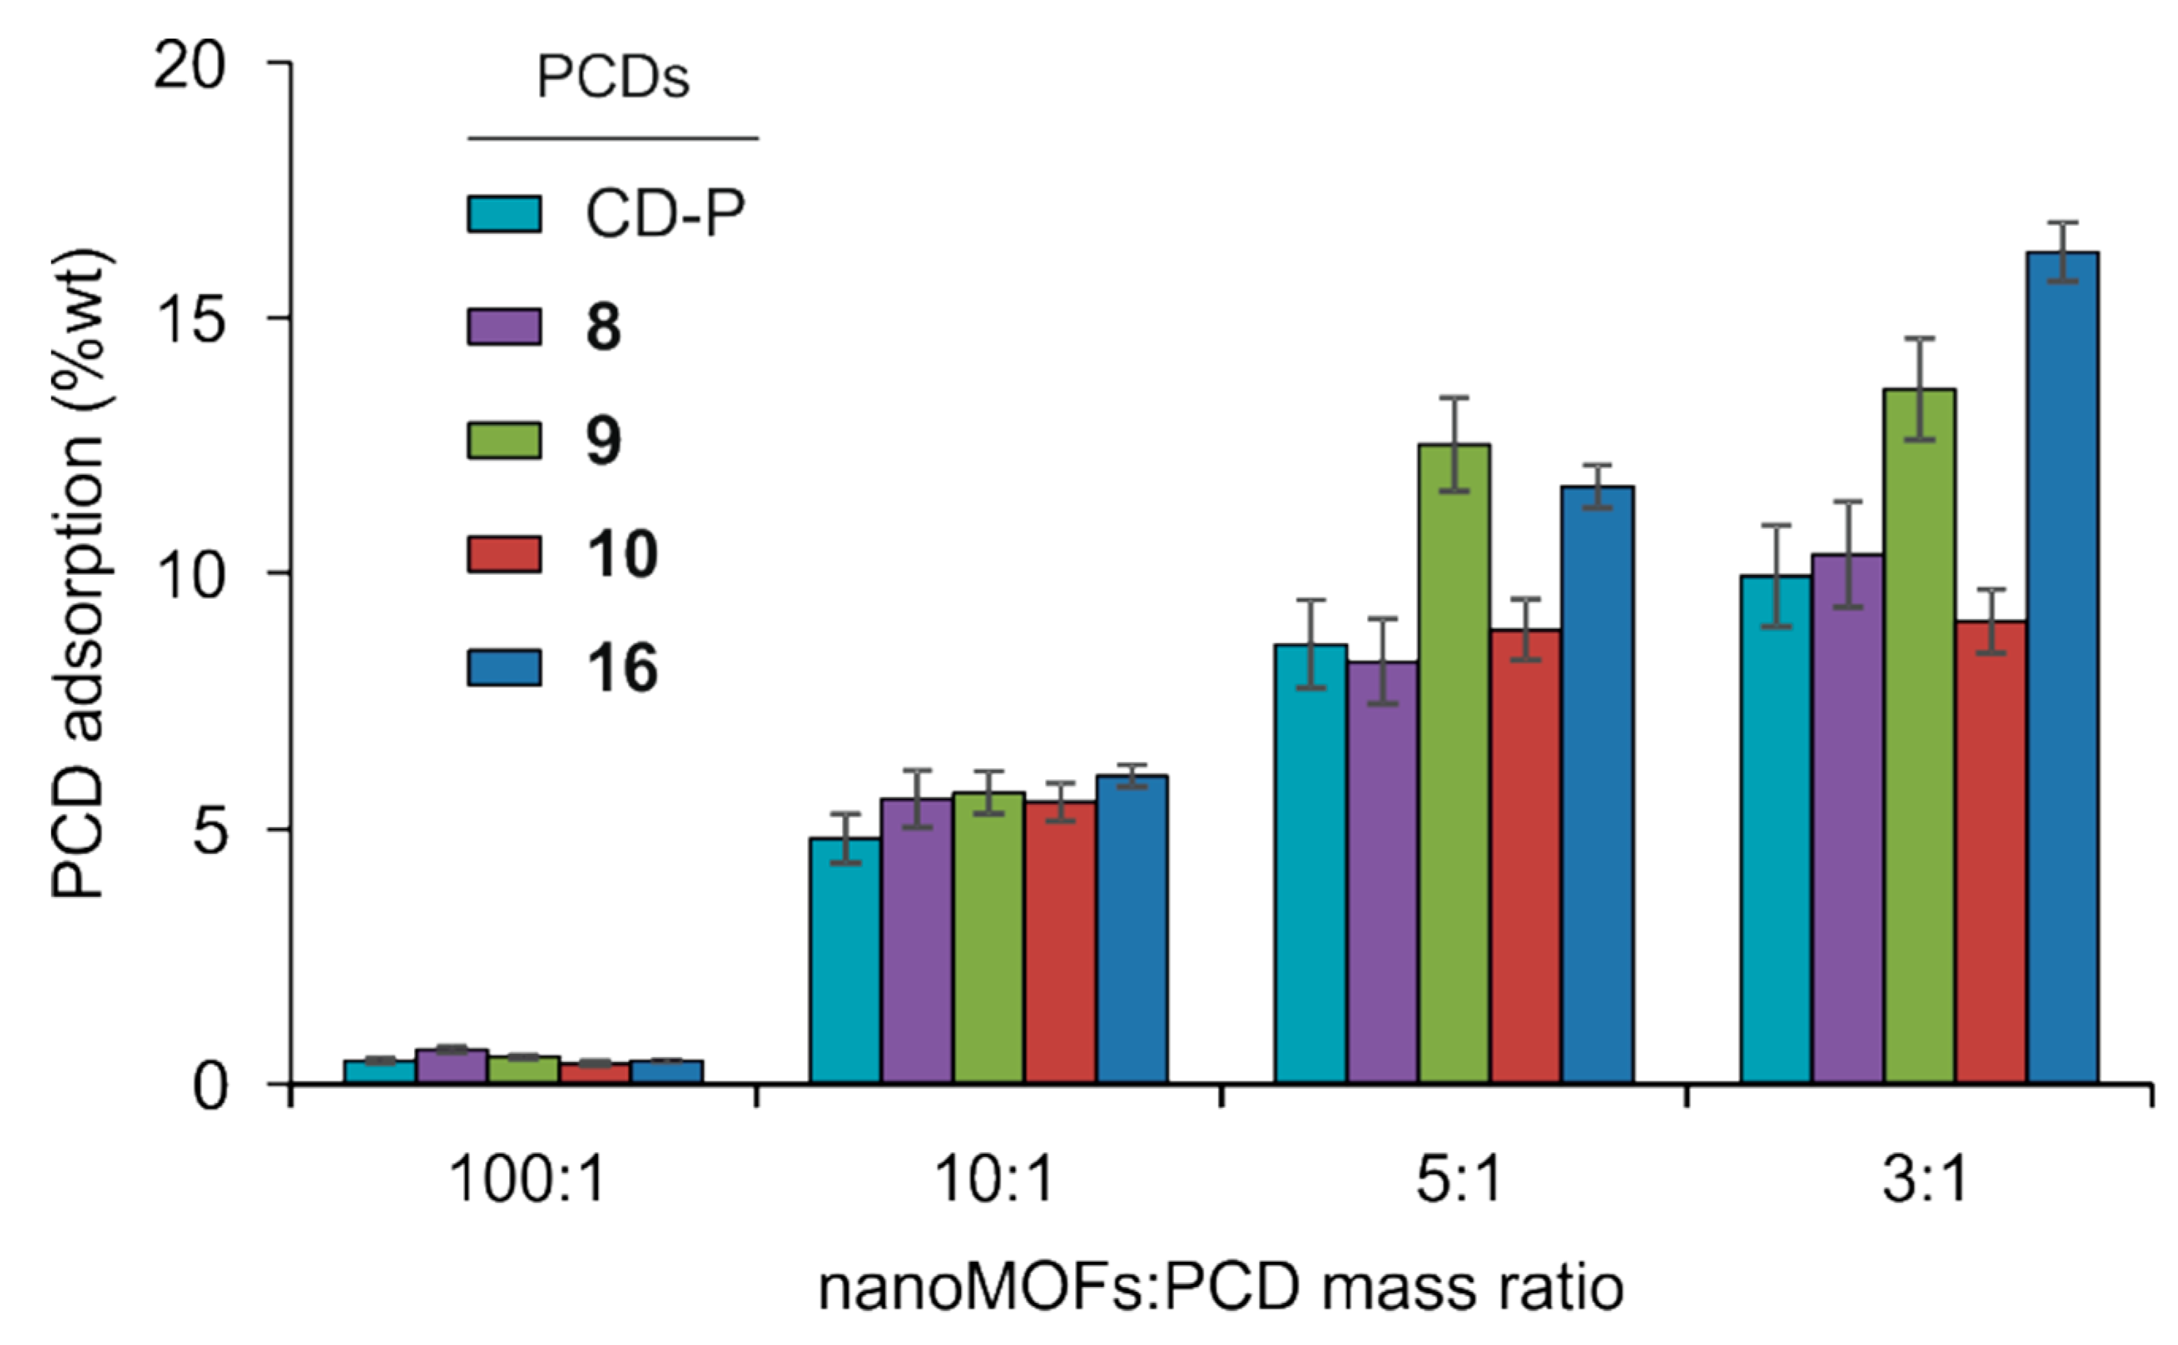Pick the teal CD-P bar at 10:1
pos(845,960)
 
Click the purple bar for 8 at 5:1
pos(1382,872)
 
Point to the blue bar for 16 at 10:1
pos(1131,929)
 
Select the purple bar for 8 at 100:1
pos(452,1066)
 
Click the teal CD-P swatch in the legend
pos(504,213)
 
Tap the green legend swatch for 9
pos(504,440)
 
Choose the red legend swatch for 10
pos(504,554)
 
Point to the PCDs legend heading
pos(613,79)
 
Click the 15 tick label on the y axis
pos(192,319)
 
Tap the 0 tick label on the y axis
pos(210,1085)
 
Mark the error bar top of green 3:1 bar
pos(1920,339)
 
